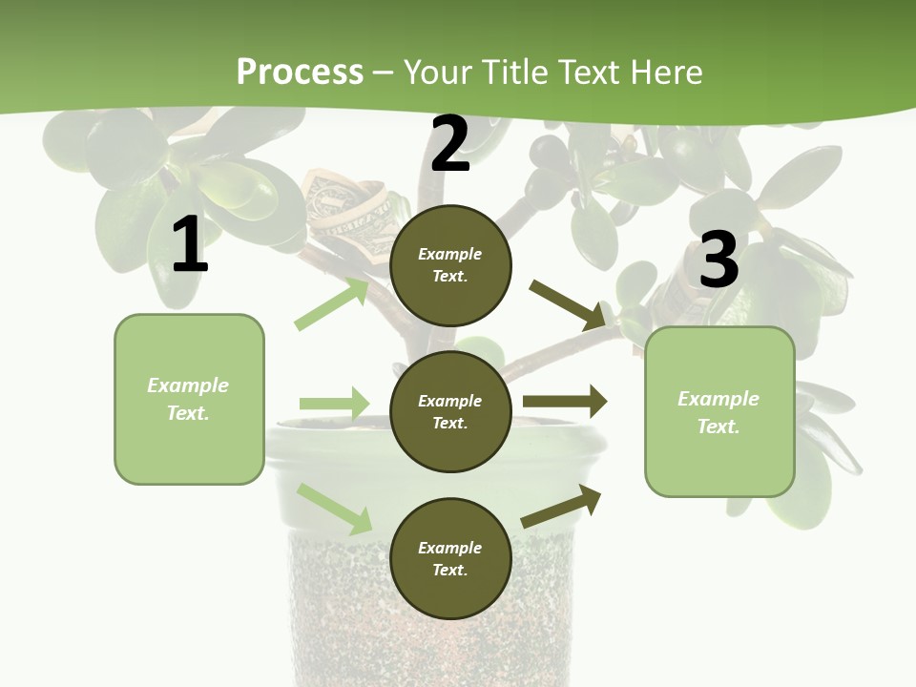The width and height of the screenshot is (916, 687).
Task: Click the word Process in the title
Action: point(300,72)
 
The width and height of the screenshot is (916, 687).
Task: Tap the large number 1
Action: point(190,245)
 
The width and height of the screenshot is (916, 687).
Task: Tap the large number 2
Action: point(450,144)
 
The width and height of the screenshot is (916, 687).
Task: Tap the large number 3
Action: point(718,260)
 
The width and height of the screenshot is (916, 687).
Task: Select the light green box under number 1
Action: point(189,399)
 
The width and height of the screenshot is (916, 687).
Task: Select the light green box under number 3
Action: point(719,412)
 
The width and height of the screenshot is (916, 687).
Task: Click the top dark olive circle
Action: point(450,265)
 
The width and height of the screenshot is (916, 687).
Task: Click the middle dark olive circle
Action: point(450,411)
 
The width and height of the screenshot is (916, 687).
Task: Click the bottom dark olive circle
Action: point(450,558)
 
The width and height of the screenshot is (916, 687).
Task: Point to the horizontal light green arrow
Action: point(334,404)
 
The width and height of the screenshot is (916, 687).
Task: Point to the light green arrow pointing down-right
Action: point(335,509)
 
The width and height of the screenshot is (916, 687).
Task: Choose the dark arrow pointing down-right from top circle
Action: point(568,304)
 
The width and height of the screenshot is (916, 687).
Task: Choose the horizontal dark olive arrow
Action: point(565,402)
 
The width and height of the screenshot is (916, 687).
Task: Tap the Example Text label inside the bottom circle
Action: point(450,558)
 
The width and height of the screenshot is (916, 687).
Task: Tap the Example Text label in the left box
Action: point(188,399)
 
